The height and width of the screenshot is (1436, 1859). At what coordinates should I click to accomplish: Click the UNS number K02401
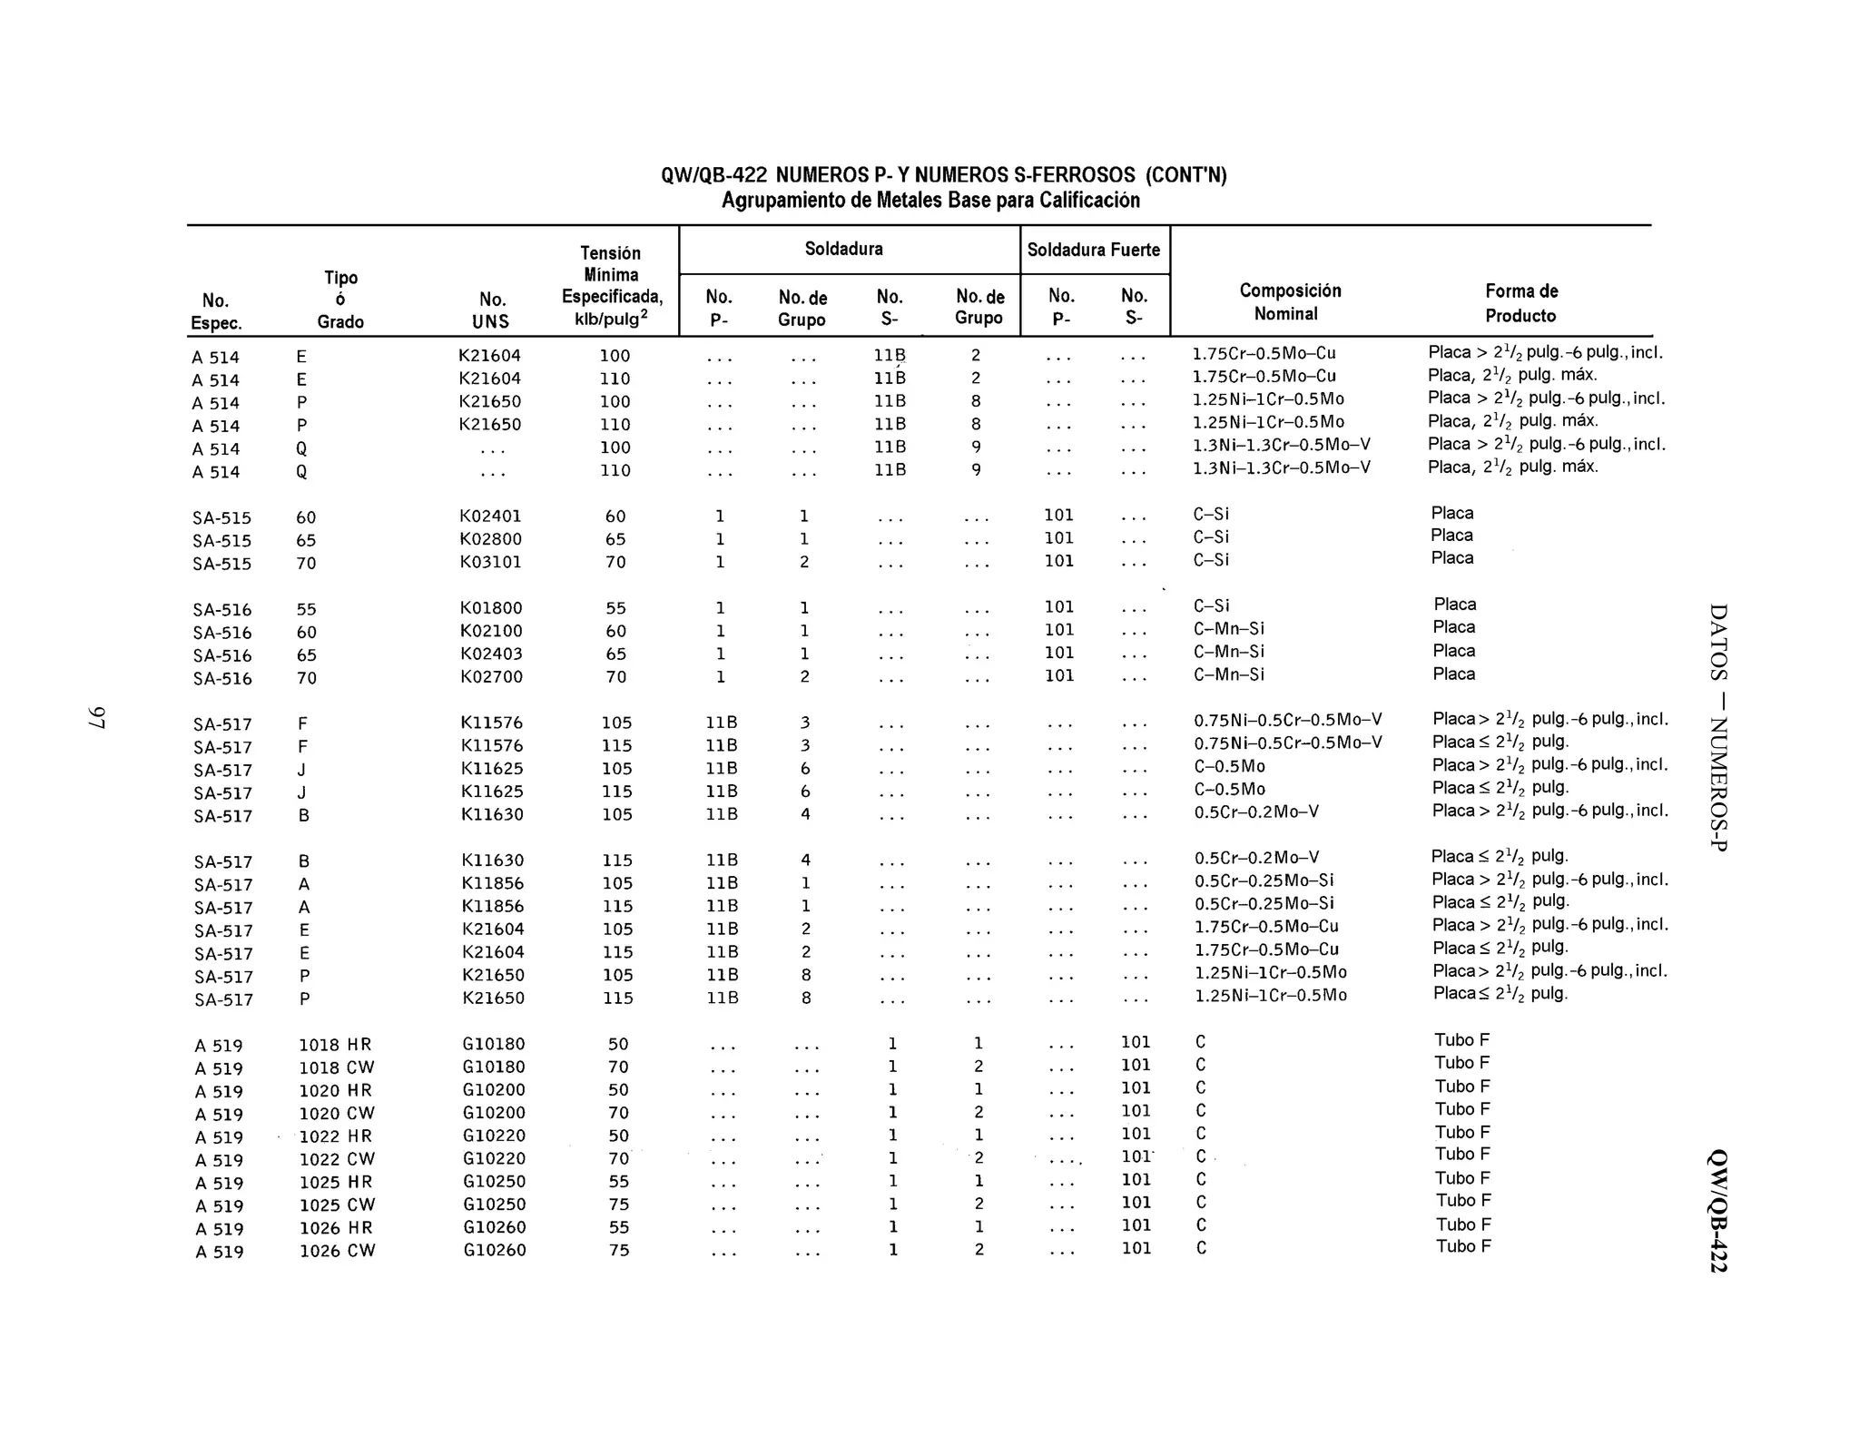490,516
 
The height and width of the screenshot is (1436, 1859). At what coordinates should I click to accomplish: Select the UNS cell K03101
490,562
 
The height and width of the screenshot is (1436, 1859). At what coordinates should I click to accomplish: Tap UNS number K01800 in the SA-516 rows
491,608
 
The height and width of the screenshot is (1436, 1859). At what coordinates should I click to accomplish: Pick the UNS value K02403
491,654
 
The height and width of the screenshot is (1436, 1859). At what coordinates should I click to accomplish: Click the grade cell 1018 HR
335,1045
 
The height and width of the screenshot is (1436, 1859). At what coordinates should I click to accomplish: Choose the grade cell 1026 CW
337,1251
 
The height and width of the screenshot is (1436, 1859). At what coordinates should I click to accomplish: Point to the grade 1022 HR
336,1136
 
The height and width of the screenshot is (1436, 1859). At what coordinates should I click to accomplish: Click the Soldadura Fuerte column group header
1094,250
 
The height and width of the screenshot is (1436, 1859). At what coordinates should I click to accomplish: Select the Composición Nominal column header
1289,302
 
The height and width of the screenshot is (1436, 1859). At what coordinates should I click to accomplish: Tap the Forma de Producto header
1521,303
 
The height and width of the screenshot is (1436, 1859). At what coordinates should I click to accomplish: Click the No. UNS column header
492,310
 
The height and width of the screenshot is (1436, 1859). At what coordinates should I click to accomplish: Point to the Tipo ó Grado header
340,300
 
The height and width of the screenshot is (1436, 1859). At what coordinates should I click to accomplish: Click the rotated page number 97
97,717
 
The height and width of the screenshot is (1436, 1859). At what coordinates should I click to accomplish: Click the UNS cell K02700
491,677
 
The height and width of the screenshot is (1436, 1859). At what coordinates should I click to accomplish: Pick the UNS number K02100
491,631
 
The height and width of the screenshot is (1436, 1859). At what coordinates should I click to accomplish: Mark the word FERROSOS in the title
1088,175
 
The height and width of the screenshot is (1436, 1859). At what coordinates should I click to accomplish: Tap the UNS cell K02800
490,539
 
